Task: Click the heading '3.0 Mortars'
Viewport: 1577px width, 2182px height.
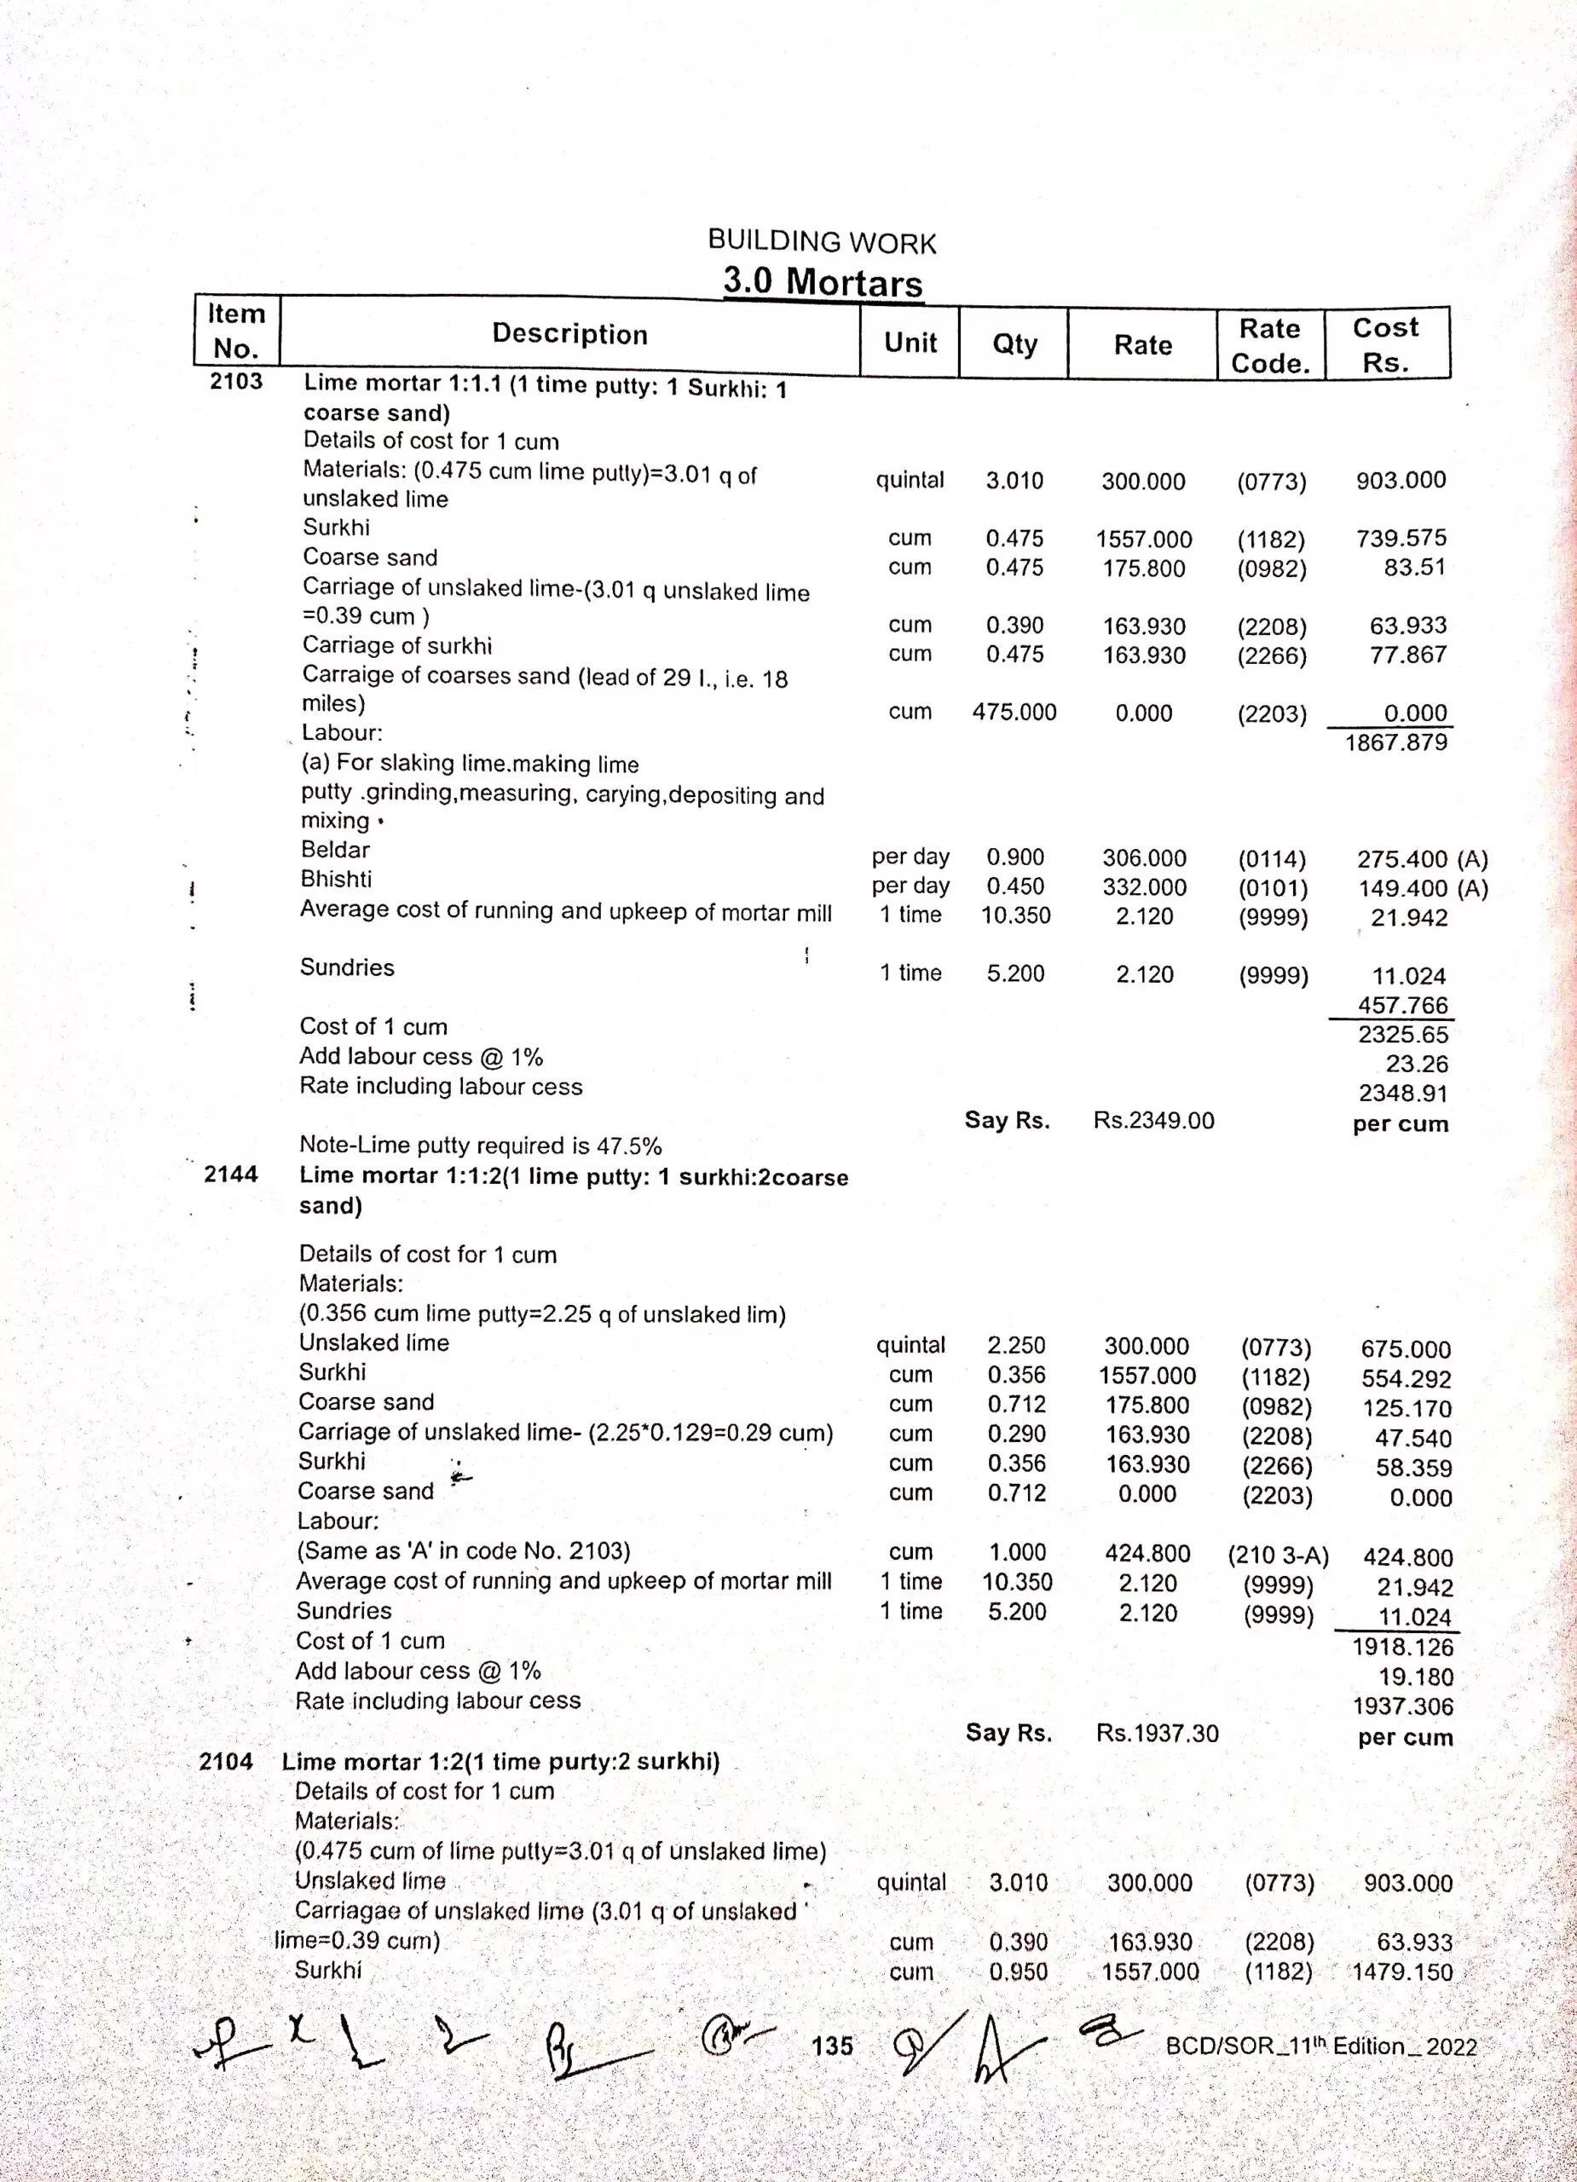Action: click(x=823, y=282)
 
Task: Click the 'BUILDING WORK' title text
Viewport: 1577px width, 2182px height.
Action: click(x=822, y=242)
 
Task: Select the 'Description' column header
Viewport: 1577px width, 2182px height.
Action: click(x=569, y=334)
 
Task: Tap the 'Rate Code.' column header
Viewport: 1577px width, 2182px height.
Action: click(x=1270, y=345)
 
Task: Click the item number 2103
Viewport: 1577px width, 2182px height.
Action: click(x=237, y=381)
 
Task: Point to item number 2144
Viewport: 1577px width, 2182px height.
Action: click(x=231, y=1174)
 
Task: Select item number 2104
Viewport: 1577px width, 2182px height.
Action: click(x=226, y=1762)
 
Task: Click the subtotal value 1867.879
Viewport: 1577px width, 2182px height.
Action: click(x=1395, y=742)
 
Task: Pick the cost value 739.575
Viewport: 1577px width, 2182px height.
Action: click(x=1401, y=538)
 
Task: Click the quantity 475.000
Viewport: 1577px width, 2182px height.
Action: click(x=1014, y=712)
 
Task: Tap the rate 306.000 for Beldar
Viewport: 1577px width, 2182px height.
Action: click(x=1144, y=858)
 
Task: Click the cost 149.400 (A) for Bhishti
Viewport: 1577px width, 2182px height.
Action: click(x=1422, y=888)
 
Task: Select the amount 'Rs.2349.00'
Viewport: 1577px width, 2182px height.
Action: click(x=1153, y=1120)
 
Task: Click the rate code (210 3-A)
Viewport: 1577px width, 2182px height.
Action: click(x=1278, y=1556)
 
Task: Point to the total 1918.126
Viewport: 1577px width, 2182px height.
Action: click(x=1402, y=1647)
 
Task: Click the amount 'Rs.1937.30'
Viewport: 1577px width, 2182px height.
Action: click(x=1157, y=1734)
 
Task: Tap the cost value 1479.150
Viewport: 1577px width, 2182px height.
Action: click(x=1402, y=1971)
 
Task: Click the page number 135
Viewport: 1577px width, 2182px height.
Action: click(x=831, y=2046)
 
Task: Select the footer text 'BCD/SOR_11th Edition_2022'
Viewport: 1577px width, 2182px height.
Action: click(x=1320, y=2046)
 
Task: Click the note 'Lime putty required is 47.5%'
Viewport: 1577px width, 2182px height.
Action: click(x=480, y=1145)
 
